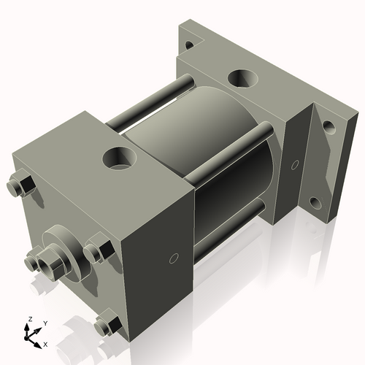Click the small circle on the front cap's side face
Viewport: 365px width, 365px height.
(x=174, y=257)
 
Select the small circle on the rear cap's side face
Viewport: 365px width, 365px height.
(x=296, y=165)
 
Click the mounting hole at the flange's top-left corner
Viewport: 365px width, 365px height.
(x=191, y=45)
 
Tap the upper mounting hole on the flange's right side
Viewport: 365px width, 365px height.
(x=329, y=127)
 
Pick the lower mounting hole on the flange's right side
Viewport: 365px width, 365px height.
(x=315, y=202)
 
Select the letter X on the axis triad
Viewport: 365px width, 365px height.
(x=46, y=343)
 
